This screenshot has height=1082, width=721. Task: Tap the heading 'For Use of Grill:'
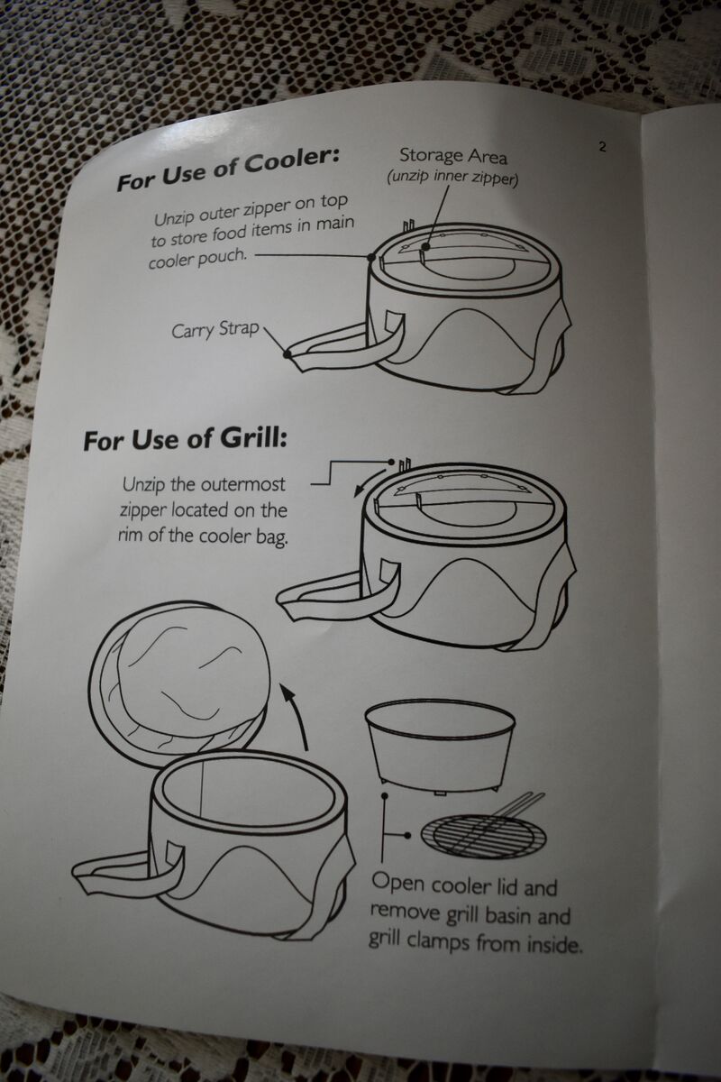pyautogui.click(x=186, y=440)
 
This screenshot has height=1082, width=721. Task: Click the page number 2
pyautogui.click(x=602, y=146)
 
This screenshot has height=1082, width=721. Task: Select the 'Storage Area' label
pyautogui.click(x=453, y=156)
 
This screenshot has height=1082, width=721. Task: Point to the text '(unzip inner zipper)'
pyautogui.click(x=452, y=178)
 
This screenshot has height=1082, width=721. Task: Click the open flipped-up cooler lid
pyautogui.click(x=179, y=676)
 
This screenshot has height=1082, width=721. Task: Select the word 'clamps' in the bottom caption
pyautogui.click(x=439, y=941)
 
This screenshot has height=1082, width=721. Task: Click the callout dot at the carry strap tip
pyautogui.click(x=287, y=354)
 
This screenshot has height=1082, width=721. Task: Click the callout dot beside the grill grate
pyautogui.click(x=408, y=835)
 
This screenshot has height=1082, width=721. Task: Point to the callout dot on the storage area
pyautogui.click(x=425, y=247)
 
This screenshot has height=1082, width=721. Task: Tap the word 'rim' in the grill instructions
pyautogui.click(x=131, y=536)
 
